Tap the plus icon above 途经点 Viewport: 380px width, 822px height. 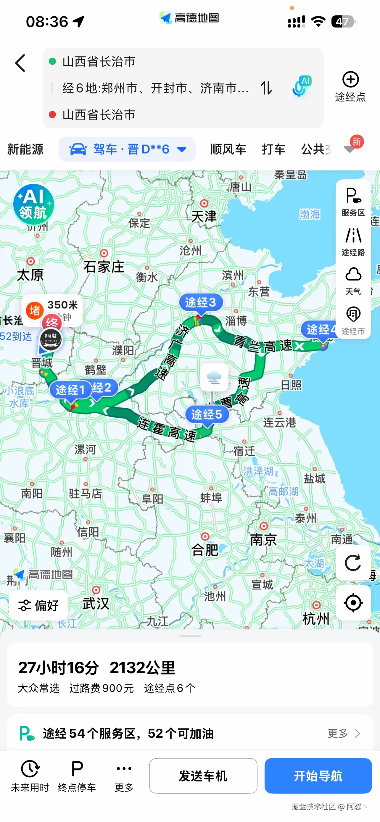tap(350, 80)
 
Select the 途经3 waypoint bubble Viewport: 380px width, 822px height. tap(200, 302)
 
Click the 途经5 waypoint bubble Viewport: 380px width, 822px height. tap(207, 415)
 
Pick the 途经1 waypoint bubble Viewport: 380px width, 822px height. tap(70, 390)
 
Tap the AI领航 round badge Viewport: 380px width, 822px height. tap(33, 204)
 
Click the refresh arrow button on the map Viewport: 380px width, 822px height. tap(353, 562)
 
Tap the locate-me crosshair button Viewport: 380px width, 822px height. tap(353, 603)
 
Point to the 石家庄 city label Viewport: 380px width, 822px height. tap(104, 267)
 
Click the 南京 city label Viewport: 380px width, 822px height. tap(263, 540)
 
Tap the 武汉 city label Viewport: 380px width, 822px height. tap(96, 603)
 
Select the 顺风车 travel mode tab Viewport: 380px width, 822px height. tap(228, 149)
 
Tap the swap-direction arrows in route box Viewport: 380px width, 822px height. tap(266, 88)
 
